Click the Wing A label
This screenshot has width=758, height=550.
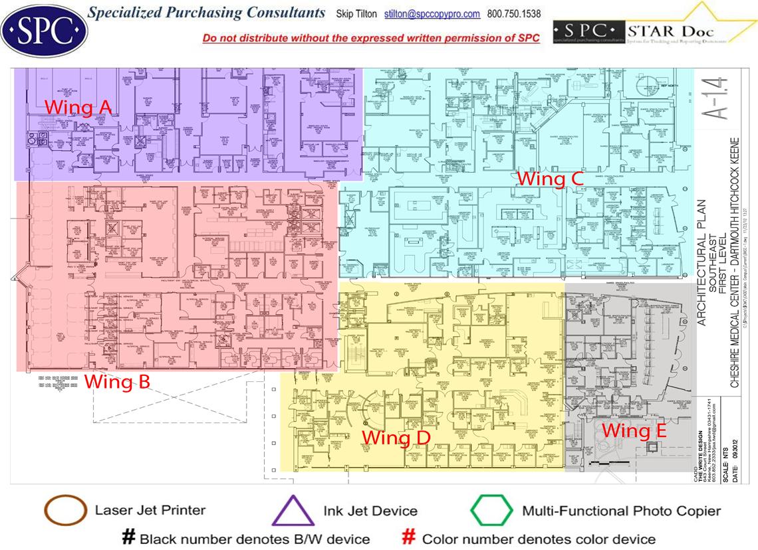coord(78,108)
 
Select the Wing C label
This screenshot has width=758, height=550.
coord(551,179)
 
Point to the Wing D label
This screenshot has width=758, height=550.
coord(396,438)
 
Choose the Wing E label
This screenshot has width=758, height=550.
coord(634,430)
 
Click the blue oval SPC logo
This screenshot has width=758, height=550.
coord(44,30)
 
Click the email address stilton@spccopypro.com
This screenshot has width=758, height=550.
coord(432,14)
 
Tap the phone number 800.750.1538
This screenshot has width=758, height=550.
coord(514,14)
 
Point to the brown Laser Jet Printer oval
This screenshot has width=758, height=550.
coord(65,511)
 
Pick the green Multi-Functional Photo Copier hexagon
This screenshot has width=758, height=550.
coord(491,511)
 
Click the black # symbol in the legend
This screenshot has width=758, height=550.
coord(129,537)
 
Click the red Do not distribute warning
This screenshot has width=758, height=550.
coord(371,38)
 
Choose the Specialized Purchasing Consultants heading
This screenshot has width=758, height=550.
coord(207,13)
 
